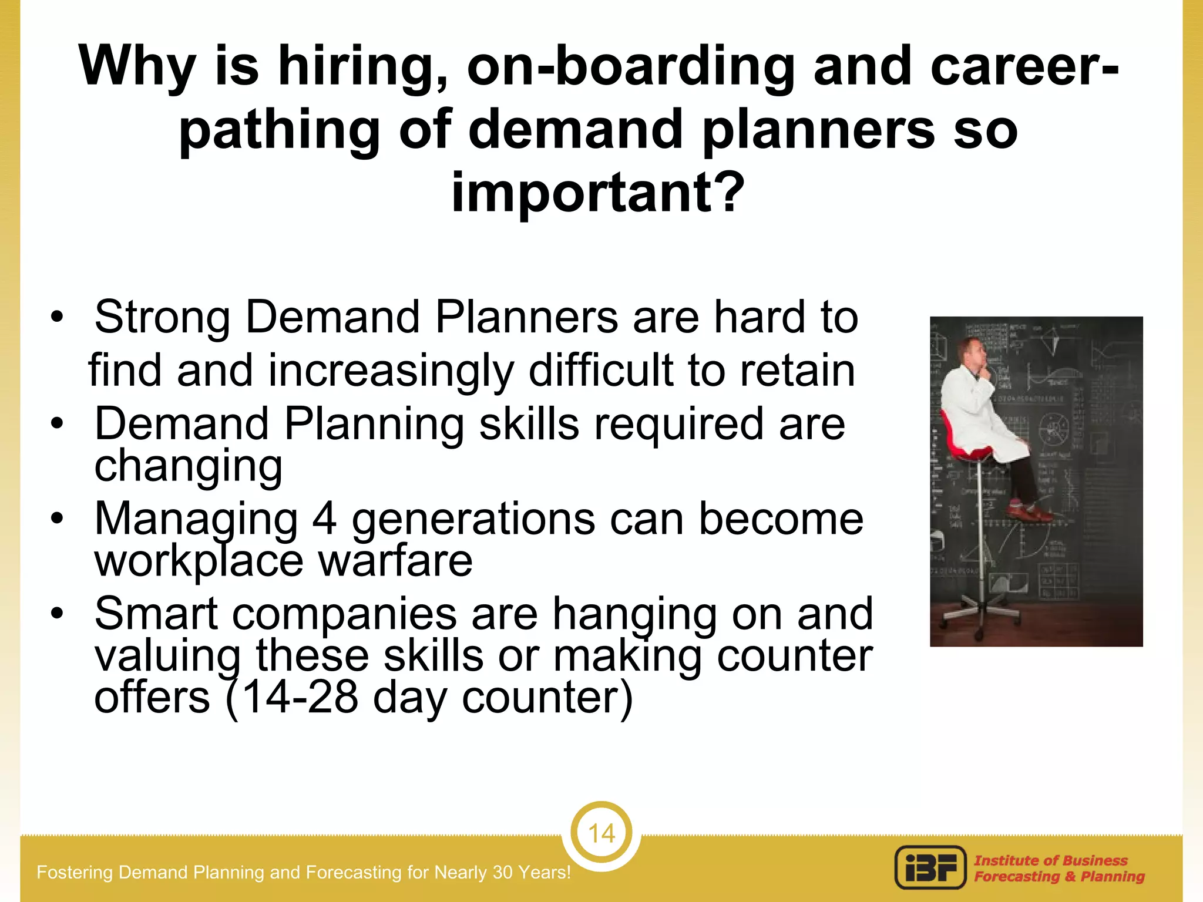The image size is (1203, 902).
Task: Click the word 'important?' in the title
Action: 597,193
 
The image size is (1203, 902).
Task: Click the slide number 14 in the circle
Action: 601,833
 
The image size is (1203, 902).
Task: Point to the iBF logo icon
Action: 930,867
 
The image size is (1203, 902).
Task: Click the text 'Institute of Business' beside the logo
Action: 1051,860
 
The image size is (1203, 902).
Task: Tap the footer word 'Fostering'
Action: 75,873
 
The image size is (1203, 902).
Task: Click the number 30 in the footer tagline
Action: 503,873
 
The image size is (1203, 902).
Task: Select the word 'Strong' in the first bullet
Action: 162,318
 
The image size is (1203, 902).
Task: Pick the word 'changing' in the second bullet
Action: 189,466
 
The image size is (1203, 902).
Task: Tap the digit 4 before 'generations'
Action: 324,520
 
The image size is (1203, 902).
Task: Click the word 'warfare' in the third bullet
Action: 395,561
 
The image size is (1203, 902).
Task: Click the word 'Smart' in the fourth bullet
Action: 156,614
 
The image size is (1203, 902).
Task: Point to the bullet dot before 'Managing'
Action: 56,519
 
